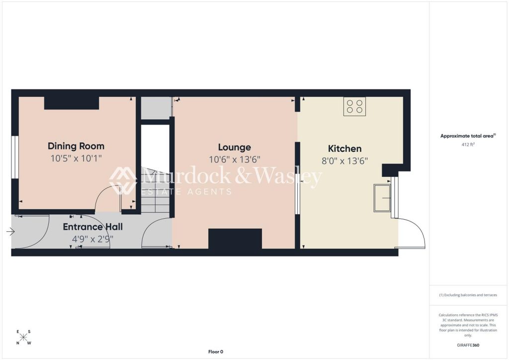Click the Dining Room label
tap(76, 146)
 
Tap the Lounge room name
tap(235, 147)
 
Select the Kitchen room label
tap(345, 149)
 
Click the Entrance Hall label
tap(93, 227)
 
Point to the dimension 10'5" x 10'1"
tap(76, 159)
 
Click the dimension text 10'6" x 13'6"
tap(235, 160)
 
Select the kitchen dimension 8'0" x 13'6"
tap(345, 161)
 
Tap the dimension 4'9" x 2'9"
tap(93, 239)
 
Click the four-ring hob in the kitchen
tap(354, 106)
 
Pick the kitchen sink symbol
tap(382, 198)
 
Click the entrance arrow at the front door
tap(10, 231)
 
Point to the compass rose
tap(23, 337)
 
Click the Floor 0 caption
tap(216, 352)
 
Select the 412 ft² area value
tap(468, 145)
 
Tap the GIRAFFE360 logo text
tap(468, 345)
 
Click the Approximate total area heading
tap(468, 136)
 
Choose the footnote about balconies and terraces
tap(468, 295)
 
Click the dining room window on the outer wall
tap(15, 157)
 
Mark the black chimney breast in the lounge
tap(235, 239)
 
